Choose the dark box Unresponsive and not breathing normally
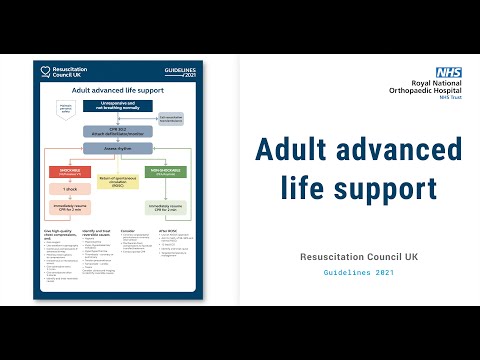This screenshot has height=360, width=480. click(118, 107)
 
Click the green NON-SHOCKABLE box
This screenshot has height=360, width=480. click(164, 171)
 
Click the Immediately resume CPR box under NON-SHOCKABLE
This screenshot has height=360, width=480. click(164, 208)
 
